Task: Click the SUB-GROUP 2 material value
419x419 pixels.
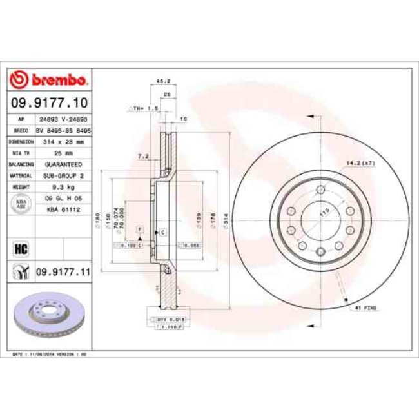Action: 63,174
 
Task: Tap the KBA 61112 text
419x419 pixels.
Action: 63,209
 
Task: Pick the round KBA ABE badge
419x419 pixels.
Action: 21,204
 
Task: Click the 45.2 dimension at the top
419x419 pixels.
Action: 163,81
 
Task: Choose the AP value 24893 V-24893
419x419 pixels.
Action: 63,119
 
